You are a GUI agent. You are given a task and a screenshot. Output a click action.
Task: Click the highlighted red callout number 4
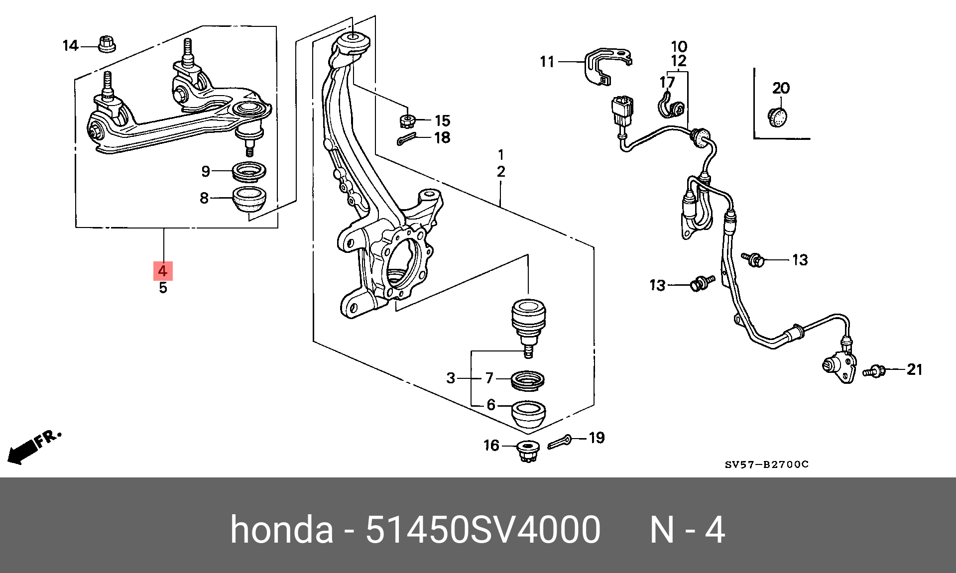pyautogui.click(x=163, y=271)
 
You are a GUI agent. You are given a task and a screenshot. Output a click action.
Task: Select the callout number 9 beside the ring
pyautogui.click(x=206, y=171)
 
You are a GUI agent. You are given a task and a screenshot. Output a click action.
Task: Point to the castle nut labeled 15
pyautogui.click(x=408, y=120)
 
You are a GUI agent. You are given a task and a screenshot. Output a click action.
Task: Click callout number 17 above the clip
pyautogui.click(x=667, y=82)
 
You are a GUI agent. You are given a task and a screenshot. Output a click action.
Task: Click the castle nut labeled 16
pyautogui.click(x=527, y=451)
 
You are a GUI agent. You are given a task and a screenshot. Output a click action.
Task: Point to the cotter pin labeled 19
pyautogui.click(x=560, y=442)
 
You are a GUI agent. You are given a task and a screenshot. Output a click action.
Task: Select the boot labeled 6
pyautogui.click(x=529, y=414)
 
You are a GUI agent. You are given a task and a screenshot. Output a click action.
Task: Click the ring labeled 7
pyautogui.click(x=528, y=381)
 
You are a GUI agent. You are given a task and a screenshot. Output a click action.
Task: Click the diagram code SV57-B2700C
pyautogui.click(x=766, y=464)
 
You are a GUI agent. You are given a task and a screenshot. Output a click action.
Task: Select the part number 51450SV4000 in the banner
pyautogui.click(x=482, y=530)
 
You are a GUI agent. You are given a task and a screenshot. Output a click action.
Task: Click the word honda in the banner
pyautogui.click(x=281, y=530)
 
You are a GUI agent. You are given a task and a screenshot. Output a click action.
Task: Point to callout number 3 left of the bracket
pyautogui.click(x=451, y=378)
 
